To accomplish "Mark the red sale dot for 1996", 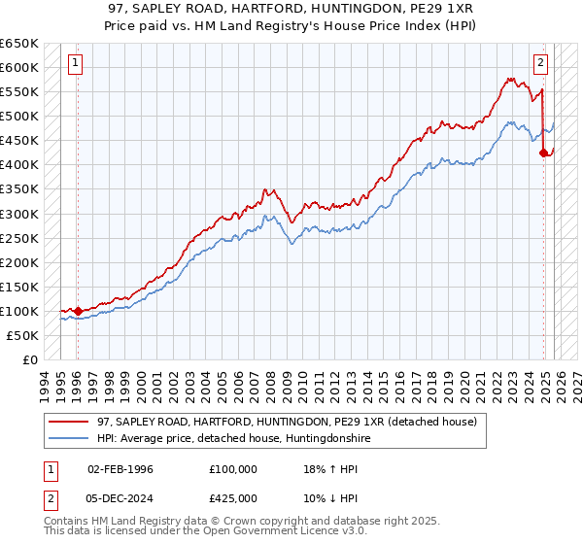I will (x=78, y=311).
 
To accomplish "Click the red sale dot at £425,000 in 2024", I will (x=544, y=153).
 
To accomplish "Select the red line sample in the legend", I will (x=69, y=423).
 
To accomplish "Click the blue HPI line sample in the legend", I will (x=69, y=439).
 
